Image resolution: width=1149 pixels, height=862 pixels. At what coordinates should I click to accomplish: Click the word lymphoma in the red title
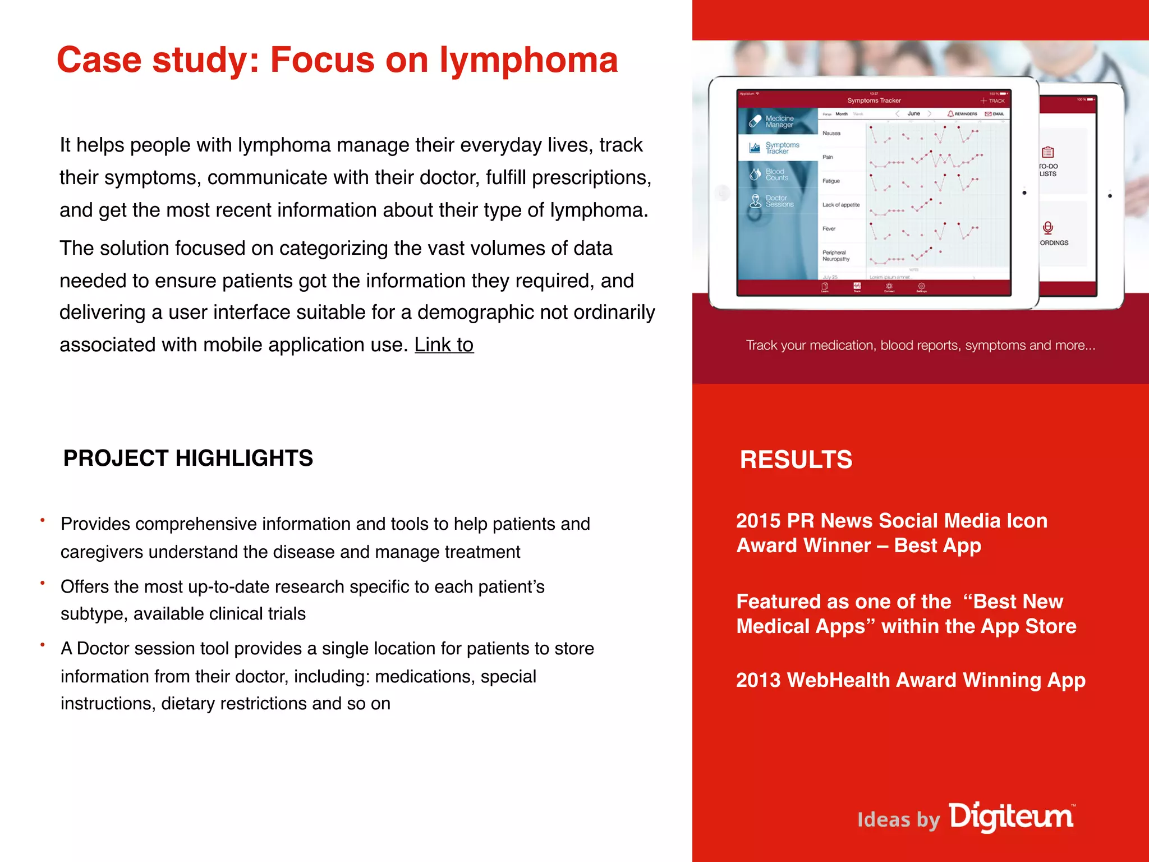tap(528, 61)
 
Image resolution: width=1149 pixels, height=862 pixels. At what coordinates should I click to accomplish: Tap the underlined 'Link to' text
tap(444, 345)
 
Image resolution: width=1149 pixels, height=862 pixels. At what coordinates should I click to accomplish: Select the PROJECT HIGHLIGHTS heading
tap(188, 458)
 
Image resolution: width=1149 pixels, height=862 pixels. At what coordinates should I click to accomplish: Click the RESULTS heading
tap(796, 460)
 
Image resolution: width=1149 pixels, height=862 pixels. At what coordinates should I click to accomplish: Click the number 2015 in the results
tap(758, 521)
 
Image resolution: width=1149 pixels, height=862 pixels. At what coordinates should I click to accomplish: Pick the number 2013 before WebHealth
tap(758, 680)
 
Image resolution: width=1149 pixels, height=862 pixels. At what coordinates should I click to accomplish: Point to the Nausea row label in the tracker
tap(831, 134)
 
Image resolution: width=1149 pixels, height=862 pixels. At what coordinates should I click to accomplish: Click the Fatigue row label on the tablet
tap(831, 181)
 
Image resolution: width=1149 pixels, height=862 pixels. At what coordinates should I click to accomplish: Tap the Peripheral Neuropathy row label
tap(836, 256)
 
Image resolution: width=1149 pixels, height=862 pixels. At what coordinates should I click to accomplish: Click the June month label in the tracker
tap(913, 114)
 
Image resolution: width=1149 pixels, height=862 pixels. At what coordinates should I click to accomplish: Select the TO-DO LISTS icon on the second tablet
tap(1047, 153)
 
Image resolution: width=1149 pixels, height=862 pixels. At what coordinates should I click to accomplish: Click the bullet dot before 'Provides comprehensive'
tap(43, 521)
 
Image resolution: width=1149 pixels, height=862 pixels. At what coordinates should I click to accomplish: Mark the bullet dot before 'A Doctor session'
tap(43, 645)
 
